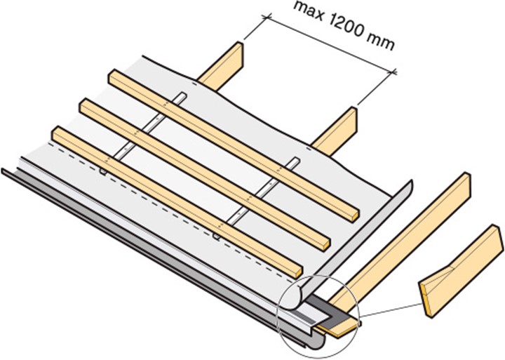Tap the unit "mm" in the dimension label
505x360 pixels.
point(380,43)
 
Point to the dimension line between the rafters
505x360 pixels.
point(331,44)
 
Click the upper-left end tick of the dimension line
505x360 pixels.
point(267,16)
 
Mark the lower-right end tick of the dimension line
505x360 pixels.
point(393,72)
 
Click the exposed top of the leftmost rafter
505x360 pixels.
point(222,67)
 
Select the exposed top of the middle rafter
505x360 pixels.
point(335,131)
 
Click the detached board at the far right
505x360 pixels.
point(461,270)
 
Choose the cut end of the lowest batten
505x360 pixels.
point(298,272)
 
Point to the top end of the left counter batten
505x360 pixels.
point(182,95)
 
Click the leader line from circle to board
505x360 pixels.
point(390,310)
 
